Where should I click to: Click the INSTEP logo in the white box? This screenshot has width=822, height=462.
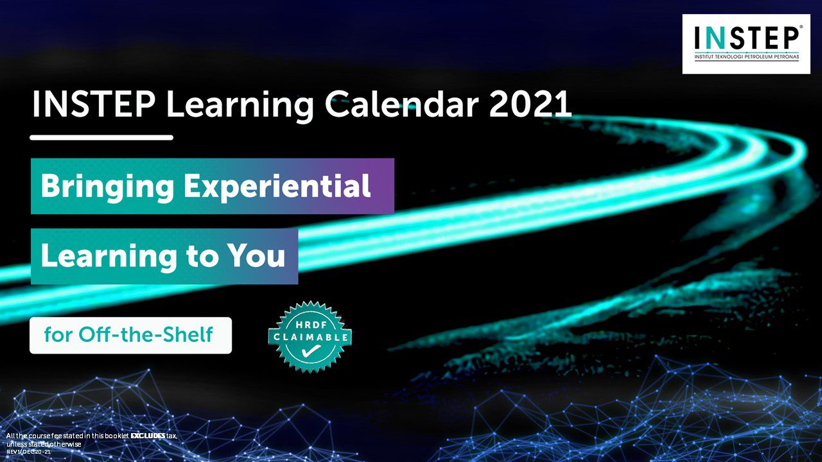[746, 44]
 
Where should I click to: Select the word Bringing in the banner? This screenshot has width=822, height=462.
[107, 187]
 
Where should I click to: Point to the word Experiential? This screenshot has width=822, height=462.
[277, 187]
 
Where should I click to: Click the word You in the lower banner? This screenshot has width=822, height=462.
[256, 255]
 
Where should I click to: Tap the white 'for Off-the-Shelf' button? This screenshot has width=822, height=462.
[130, 336]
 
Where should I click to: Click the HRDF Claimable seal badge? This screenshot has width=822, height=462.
[310, 337]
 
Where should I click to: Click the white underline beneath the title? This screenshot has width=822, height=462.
[101, 137]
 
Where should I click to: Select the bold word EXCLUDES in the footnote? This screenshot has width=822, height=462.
[148, 436]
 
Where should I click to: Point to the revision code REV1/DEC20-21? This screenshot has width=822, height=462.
[29, 452]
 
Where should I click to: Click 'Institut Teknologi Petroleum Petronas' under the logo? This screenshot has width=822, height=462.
[747, 57]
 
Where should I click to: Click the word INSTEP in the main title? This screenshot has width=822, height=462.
[94, 105]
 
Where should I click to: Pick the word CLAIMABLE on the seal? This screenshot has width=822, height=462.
[310, 337]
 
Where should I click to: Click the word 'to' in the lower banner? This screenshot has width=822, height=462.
[201, 256]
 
